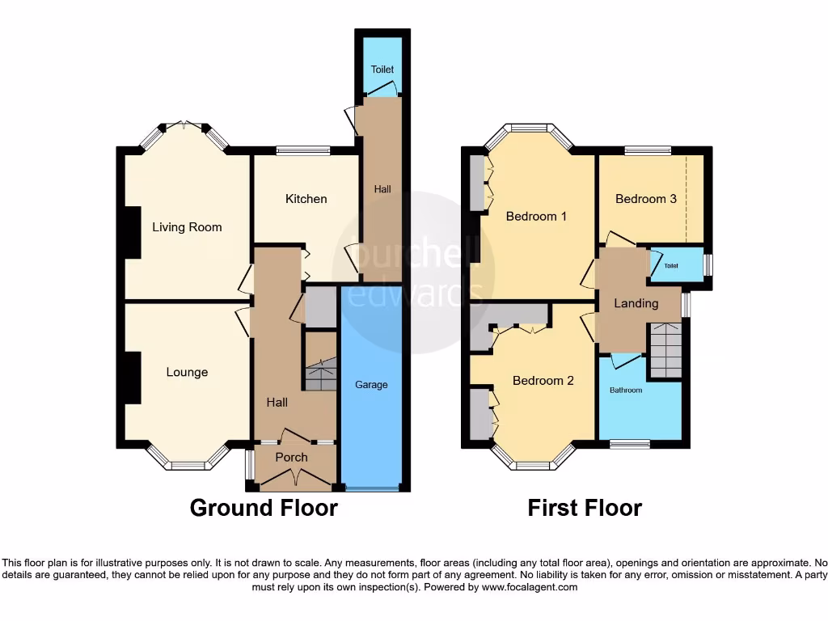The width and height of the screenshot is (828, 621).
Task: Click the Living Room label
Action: [x=187, y=227]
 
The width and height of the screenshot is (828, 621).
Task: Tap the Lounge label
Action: [x=187, y=372]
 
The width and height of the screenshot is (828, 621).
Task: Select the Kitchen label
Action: [x=306, y=199]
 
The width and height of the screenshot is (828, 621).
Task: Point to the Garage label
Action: [x=371, y=385]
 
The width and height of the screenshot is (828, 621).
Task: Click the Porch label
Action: [x=291, y=457]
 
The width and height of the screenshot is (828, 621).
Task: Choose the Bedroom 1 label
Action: [x=536, y=216]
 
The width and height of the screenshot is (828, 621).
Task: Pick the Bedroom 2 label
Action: [x=543, y=380]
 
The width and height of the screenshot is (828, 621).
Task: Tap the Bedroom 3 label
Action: [x=645, y=199]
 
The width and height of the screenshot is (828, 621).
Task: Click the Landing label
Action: [x=636, y=303]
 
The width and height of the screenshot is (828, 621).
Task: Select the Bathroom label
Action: [x=626, y=391]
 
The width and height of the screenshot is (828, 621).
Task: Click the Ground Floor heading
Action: [x=264, y=508]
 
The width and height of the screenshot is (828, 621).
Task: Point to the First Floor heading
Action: [x=585, y=508]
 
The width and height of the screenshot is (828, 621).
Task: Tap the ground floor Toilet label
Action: [x=382, y=70]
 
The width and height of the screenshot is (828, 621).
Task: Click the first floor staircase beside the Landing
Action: [x=667, y=349]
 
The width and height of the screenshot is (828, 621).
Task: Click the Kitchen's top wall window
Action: [x=302, y=150]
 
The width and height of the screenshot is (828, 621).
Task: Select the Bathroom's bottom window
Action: [x=629, y=444]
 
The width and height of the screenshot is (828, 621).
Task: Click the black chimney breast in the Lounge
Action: [x=130, y=377]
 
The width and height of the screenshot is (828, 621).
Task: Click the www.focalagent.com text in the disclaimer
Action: [x=530, y=587]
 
